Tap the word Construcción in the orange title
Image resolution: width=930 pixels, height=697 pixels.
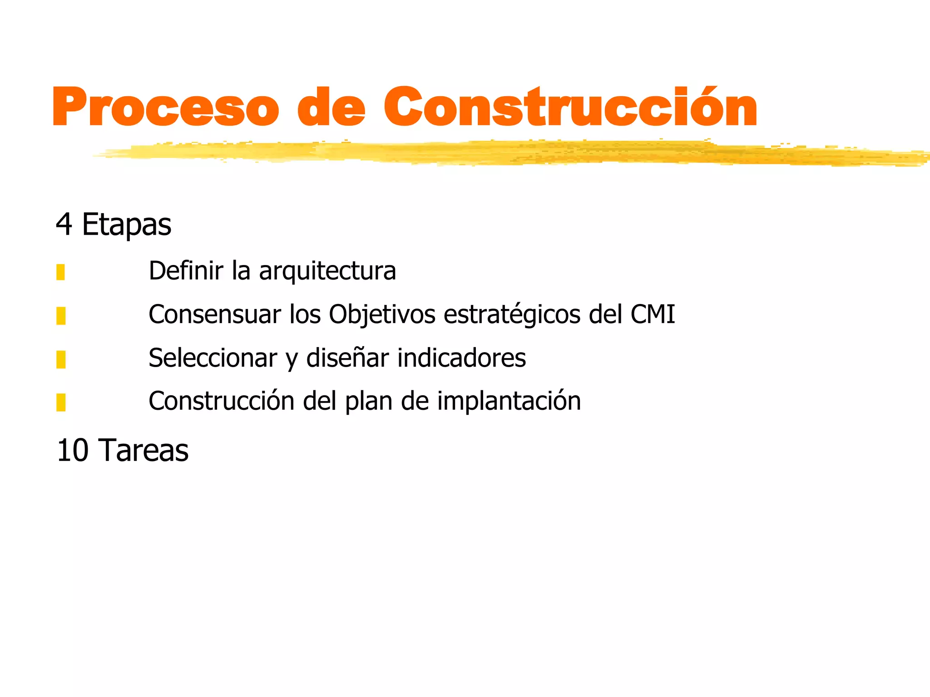point(570,107)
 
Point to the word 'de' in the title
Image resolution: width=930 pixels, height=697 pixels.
point(331,107)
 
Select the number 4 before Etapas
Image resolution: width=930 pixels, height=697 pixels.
point(64,224)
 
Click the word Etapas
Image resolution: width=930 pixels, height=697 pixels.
point(127,225)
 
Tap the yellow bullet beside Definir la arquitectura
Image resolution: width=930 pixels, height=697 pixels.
point(61,272)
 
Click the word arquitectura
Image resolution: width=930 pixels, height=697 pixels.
point(327,271)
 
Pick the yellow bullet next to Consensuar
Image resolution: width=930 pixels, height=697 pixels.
point(61,316)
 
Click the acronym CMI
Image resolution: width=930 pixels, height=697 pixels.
point(653,314)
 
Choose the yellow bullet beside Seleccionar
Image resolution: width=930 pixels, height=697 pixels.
point(61,359)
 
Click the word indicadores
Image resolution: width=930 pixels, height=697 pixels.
point(461,358)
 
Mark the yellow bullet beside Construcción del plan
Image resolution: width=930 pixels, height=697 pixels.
point(61,402)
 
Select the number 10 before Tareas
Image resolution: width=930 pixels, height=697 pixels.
point(73,451)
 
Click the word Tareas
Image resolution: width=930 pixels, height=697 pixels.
point(143,451)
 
